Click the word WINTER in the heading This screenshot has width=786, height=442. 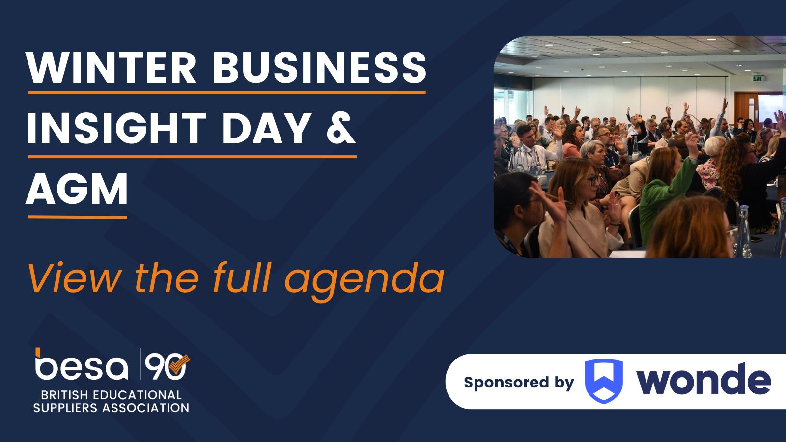pos(111,67)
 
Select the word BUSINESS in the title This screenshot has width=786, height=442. pos(319,67)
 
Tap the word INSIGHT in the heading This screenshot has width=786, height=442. pos(116,128)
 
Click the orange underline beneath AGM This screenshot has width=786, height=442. pos(78,217)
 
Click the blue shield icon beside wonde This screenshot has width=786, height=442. pos(604,381)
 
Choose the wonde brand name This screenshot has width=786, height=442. pos(703,379)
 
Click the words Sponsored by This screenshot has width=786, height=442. pos(519,383)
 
